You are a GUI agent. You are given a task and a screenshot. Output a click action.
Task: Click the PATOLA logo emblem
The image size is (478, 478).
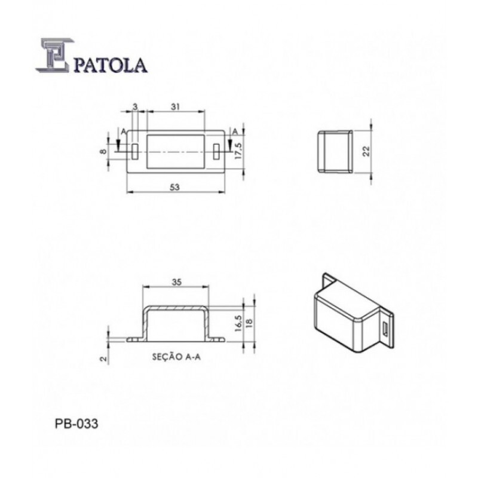click(55, 57)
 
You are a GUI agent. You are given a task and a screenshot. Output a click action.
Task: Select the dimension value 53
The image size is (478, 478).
click(174, 187)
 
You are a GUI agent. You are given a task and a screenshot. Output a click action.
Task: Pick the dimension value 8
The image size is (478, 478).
click(103, 152)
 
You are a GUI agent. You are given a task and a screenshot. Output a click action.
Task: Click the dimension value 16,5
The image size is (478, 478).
click(238, 323)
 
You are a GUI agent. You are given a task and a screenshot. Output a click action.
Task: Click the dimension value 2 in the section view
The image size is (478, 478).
click(103, 358)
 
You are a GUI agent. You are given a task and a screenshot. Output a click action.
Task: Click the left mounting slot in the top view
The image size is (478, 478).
click(136, 151)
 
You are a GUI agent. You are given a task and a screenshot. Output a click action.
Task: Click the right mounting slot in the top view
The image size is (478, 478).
click(215, 151)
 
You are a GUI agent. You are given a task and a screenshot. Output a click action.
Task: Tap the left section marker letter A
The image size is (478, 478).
click(122, 131)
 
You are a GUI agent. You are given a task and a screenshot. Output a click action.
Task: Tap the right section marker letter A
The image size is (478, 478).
click(235, 131)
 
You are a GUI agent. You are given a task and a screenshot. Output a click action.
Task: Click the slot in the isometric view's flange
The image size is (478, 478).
click(385, 329)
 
